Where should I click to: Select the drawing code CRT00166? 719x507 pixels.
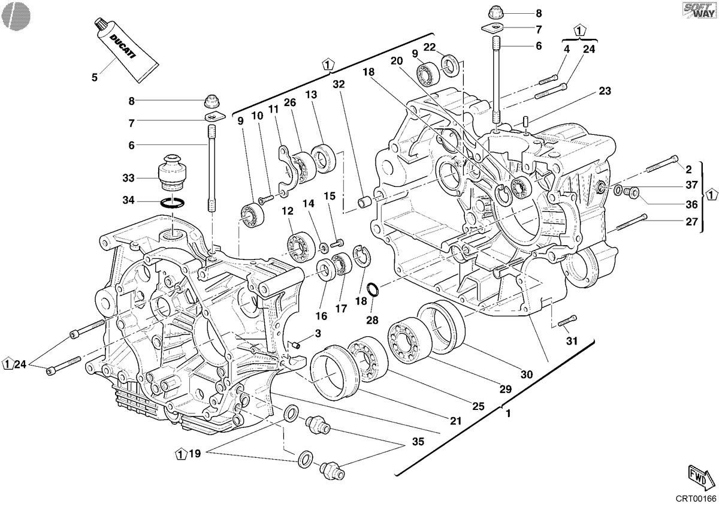696,499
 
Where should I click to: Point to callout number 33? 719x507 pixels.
128,178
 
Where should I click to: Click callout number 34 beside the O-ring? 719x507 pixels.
128,200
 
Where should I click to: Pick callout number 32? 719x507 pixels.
339,84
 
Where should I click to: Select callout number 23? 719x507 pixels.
605,91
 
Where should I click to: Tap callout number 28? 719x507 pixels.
372,320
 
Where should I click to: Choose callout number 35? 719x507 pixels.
418,442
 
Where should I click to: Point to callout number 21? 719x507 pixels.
455,421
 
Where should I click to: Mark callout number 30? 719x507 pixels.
527,374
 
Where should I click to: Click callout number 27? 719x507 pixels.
691,222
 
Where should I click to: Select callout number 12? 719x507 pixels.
288,211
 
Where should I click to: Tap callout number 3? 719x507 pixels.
318,333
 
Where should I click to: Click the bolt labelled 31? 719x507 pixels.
567,321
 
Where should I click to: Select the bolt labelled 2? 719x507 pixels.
662,164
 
